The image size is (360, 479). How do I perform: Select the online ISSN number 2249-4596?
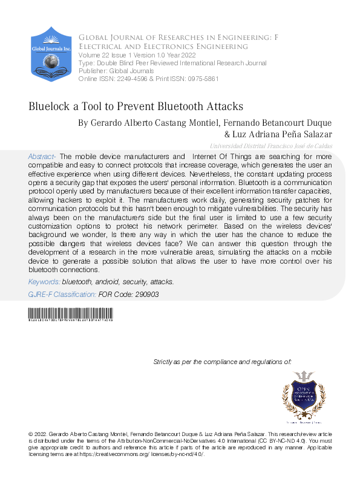[132, 79]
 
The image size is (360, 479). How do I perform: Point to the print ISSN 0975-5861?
[198, 79]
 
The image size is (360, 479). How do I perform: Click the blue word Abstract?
[42, 157]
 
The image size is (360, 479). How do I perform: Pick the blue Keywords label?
[44, 282]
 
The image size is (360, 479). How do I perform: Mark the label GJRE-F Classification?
[62, 294]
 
